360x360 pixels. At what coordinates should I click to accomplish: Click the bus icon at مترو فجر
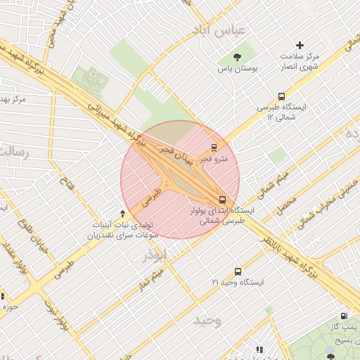point(214,148)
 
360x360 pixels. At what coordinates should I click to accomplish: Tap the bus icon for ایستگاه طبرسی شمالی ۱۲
point(282,96)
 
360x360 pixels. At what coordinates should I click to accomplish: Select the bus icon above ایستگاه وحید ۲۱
point(238,271)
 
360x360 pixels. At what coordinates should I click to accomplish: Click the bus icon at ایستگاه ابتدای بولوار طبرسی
point(222,200)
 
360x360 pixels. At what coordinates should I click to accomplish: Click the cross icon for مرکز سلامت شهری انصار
point(300,45)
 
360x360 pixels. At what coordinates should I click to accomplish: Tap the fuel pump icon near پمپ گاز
point(343,316)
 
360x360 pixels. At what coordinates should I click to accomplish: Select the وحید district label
point(207,321)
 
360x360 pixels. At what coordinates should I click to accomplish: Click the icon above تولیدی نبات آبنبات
point(123,212)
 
